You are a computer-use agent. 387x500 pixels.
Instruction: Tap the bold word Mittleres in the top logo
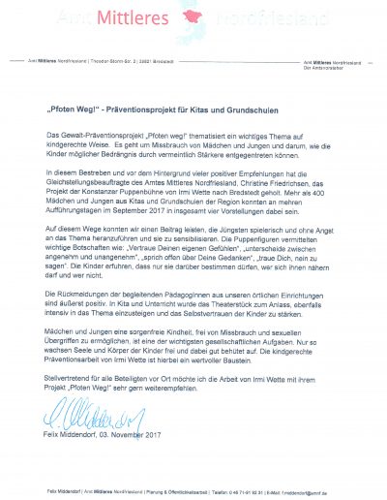point(151,17)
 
